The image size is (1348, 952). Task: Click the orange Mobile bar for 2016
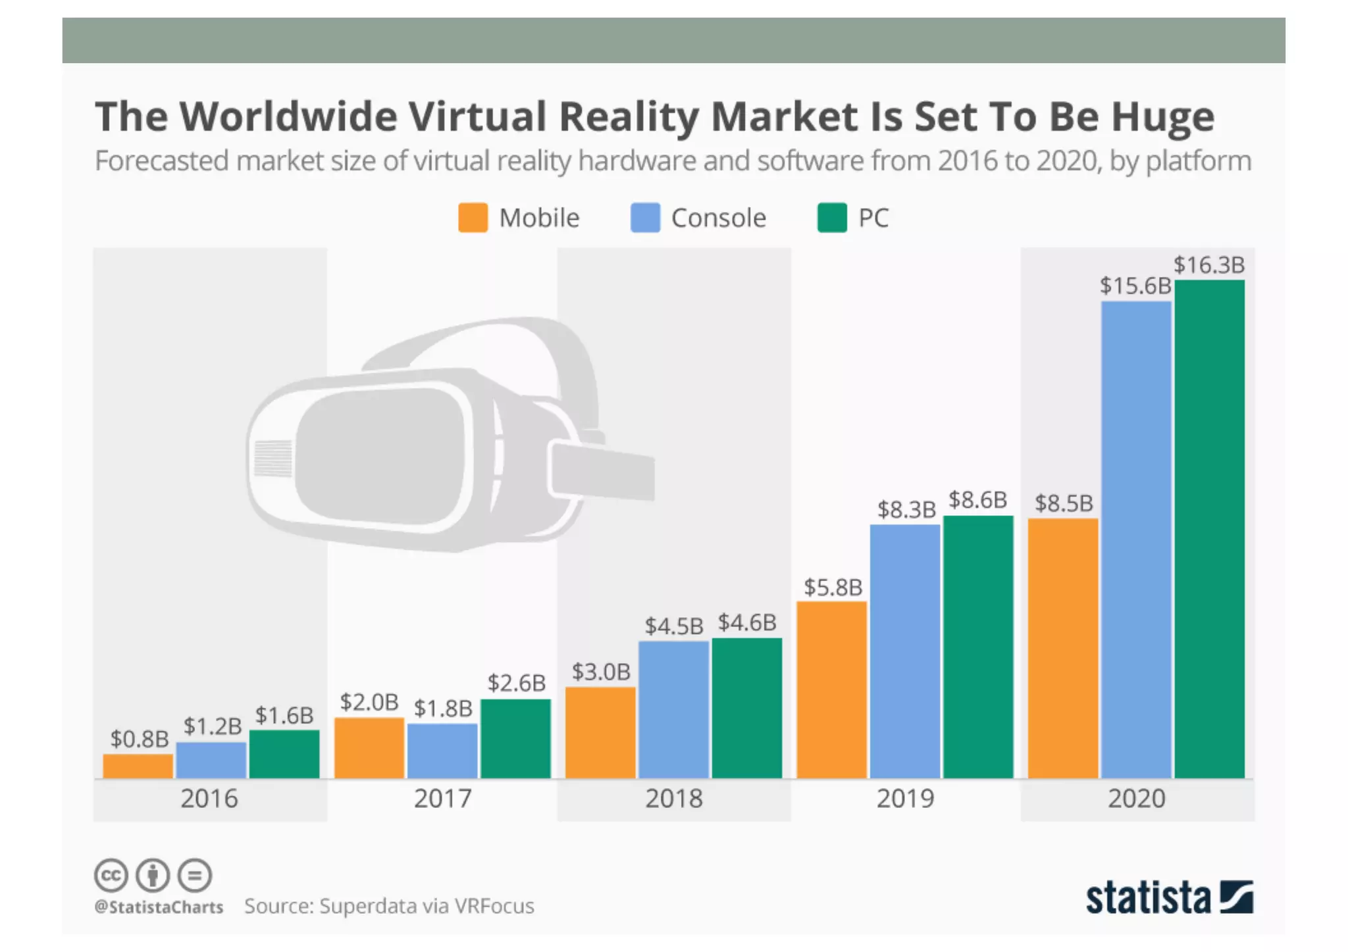(138, 766)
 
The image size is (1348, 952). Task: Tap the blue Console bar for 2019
(905, 651)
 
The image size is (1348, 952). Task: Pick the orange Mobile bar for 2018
(600, 732)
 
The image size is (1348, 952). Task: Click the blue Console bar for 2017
(442, 751)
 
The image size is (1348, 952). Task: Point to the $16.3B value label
(1209, 265)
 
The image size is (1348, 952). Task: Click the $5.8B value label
(833, 587)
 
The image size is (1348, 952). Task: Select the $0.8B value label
(140, 739)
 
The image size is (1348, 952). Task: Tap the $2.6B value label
(517, 683)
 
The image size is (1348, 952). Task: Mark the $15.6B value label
(1135, 286)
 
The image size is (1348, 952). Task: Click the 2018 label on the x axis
(674, 799)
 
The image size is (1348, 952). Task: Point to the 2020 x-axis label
(1137, 799)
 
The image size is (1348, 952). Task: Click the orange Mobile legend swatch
(473, 218)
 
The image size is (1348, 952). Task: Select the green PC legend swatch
(832, 218)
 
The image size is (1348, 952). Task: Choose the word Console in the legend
(719, 218)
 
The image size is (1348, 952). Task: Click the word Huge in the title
(1163, 117)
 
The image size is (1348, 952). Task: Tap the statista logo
(1169, 898)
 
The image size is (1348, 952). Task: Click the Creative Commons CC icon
(111, 876)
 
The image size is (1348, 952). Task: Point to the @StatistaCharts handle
(159, 907)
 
